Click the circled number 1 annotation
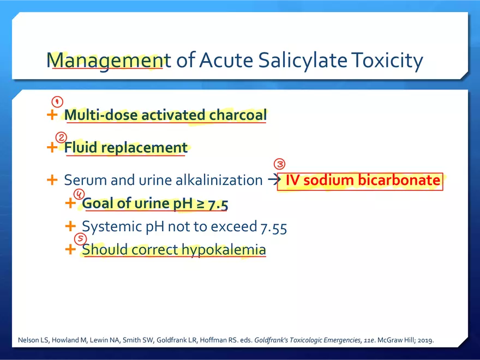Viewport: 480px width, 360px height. pyautogui.click(x=57, y=101)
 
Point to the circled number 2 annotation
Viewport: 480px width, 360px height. pyautogui.click(x=61, y=137)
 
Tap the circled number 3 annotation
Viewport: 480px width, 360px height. pyautogui.click(x=279, y=164)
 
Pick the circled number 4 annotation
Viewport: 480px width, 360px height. pyautogui.click(x=79, y=194)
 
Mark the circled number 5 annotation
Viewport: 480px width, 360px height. pyautogui.click(x=81, y=239)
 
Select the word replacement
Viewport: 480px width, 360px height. pyautogui.click(x=144, y=148)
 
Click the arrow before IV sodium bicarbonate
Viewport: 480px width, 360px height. pyautogui.click(x=274, y=179)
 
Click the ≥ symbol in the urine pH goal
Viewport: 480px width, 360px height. pyautogui.click(x=200, y=204)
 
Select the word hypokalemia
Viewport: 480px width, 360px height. pyautogui.click(x=224, y=250)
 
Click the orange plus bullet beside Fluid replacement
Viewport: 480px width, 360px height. pyautogui.click(x=52, y=148)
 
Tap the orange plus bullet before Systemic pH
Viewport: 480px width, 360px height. pyautogui.click(x=70, y=226)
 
